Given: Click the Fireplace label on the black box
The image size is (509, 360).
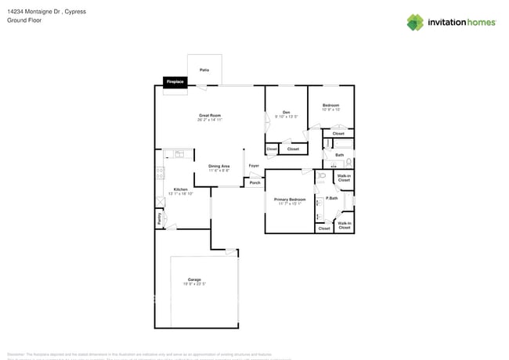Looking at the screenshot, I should coord(175,81).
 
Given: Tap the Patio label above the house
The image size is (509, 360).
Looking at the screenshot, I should coord(204,70).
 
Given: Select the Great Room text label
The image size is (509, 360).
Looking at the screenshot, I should coord(209,115).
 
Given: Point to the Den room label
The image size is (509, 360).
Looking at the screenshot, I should coord(287,112).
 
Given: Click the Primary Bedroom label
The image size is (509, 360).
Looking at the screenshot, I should coord(290,200).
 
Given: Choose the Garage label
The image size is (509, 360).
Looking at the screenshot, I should coord(193,279).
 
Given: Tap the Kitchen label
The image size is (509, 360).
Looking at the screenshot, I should coord(180,189).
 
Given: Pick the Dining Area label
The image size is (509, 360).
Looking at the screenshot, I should coord(219,166).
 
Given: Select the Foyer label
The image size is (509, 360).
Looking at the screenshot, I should coord(254,166).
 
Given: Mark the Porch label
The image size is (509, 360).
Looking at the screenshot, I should coord(254,182).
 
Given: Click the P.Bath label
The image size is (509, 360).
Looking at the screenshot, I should coord(332,198).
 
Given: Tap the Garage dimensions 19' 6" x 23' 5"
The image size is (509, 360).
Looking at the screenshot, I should coord(193,284).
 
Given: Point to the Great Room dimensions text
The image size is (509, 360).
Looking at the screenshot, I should coord(209,120).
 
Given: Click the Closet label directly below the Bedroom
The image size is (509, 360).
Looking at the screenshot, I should coord(338,134).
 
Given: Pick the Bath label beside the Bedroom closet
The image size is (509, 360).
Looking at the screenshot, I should coord(339,155).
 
